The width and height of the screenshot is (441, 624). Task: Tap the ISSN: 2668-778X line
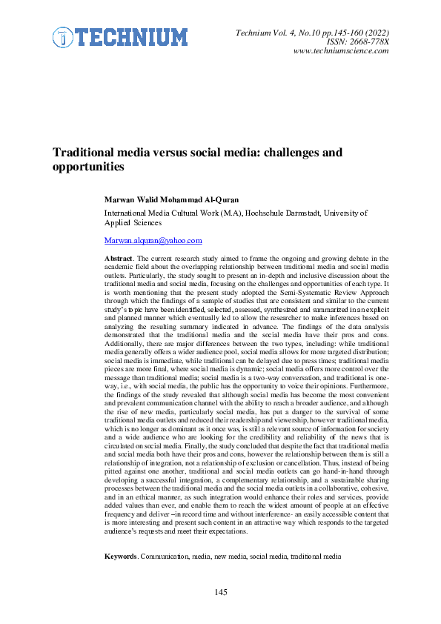pyautogui.click(x=359, y=41)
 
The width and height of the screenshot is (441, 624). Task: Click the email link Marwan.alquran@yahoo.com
pyautogui.click(x=153, y=241)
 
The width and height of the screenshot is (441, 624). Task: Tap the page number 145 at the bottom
pyautogui.click(x=221, y=591)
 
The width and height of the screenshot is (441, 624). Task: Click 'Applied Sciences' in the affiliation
pyautogui.click(x=133, y=222)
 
